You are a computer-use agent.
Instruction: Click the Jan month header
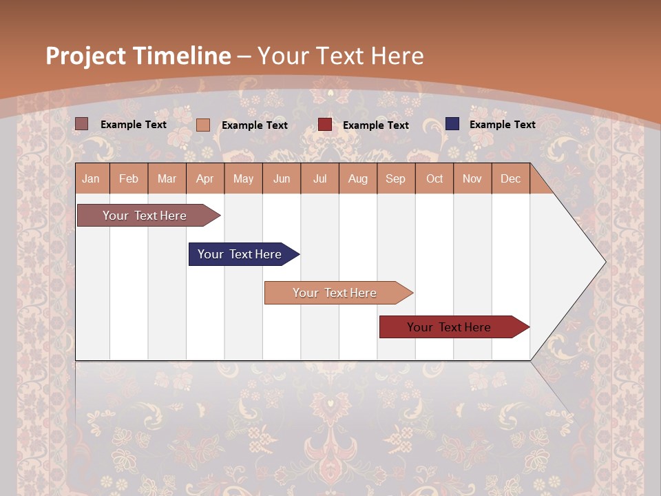[x=91, y=178]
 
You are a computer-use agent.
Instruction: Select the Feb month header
[x=129, y=178]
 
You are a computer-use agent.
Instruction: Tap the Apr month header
[x=204, y=178]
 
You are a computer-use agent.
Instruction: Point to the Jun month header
[x=282, y=178]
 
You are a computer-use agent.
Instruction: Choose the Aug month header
[x=357, y=178]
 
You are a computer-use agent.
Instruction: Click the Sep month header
[x=395, y=178]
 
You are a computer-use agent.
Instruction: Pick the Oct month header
[x=434, y=178]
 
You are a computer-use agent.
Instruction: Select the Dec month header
[x=510, y=178]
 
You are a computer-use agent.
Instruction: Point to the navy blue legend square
[x=452, y=124]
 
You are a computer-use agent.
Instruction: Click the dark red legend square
[x=325, y=125]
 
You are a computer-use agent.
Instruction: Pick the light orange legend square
[x=203, y=125]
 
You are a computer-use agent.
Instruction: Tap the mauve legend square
[x=82, y=124]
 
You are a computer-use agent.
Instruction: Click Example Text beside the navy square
[x=502, y=125]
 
